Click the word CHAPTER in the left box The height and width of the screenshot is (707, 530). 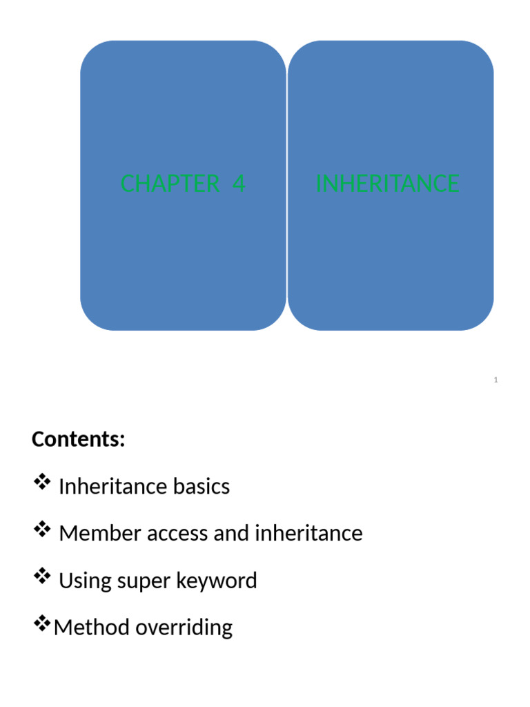160,184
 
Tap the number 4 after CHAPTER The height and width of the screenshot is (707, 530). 239,184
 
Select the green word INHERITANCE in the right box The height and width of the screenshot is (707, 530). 387,184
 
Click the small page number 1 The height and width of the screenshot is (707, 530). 496,380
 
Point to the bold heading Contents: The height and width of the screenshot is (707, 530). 79,439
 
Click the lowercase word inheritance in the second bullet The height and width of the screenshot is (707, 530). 308,534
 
